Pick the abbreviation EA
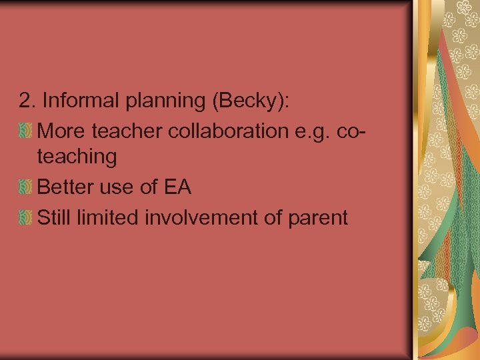point(176,188)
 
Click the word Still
point(55,217)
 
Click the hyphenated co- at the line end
point(353,132)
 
